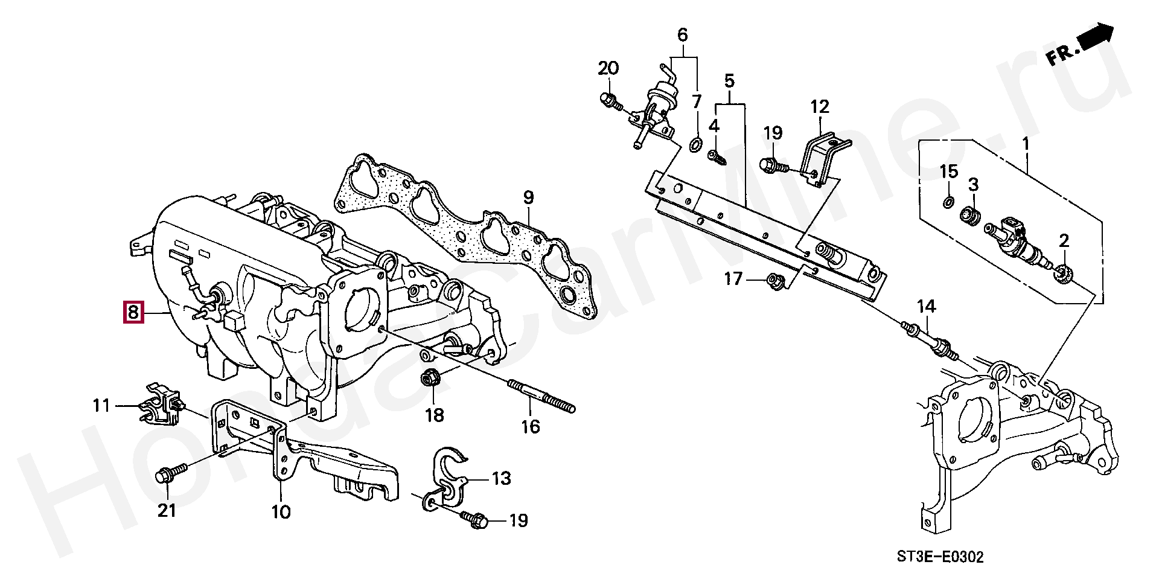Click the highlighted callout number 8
(x=133, y=312)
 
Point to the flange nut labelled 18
(x=429, y=379)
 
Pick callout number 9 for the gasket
(x=528, y=197)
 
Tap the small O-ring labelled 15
(x=948, y=201)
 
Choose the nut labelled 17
(x=773, y=280)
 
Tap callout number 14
(x=927, y=307)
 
